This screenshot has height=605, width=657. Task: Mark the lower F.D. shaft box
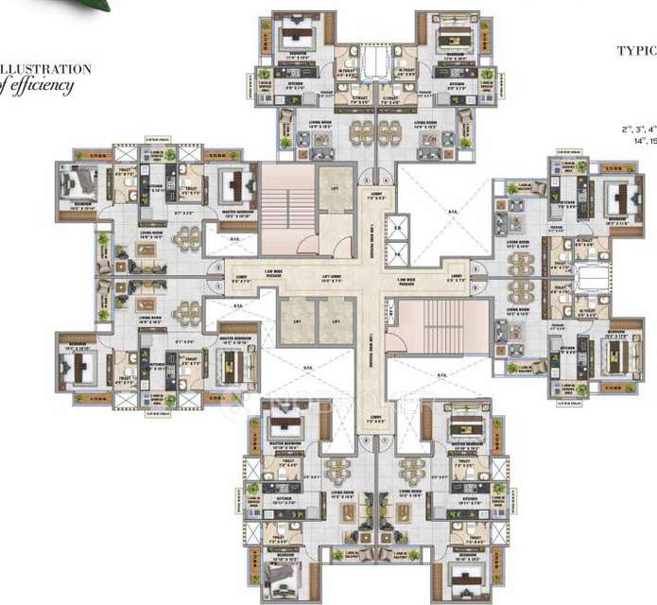pyautogui.click(x=399, y=251)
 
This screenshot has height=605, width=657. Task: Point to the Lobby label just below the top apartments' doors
pyautogui.click(x=376, y=199)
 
